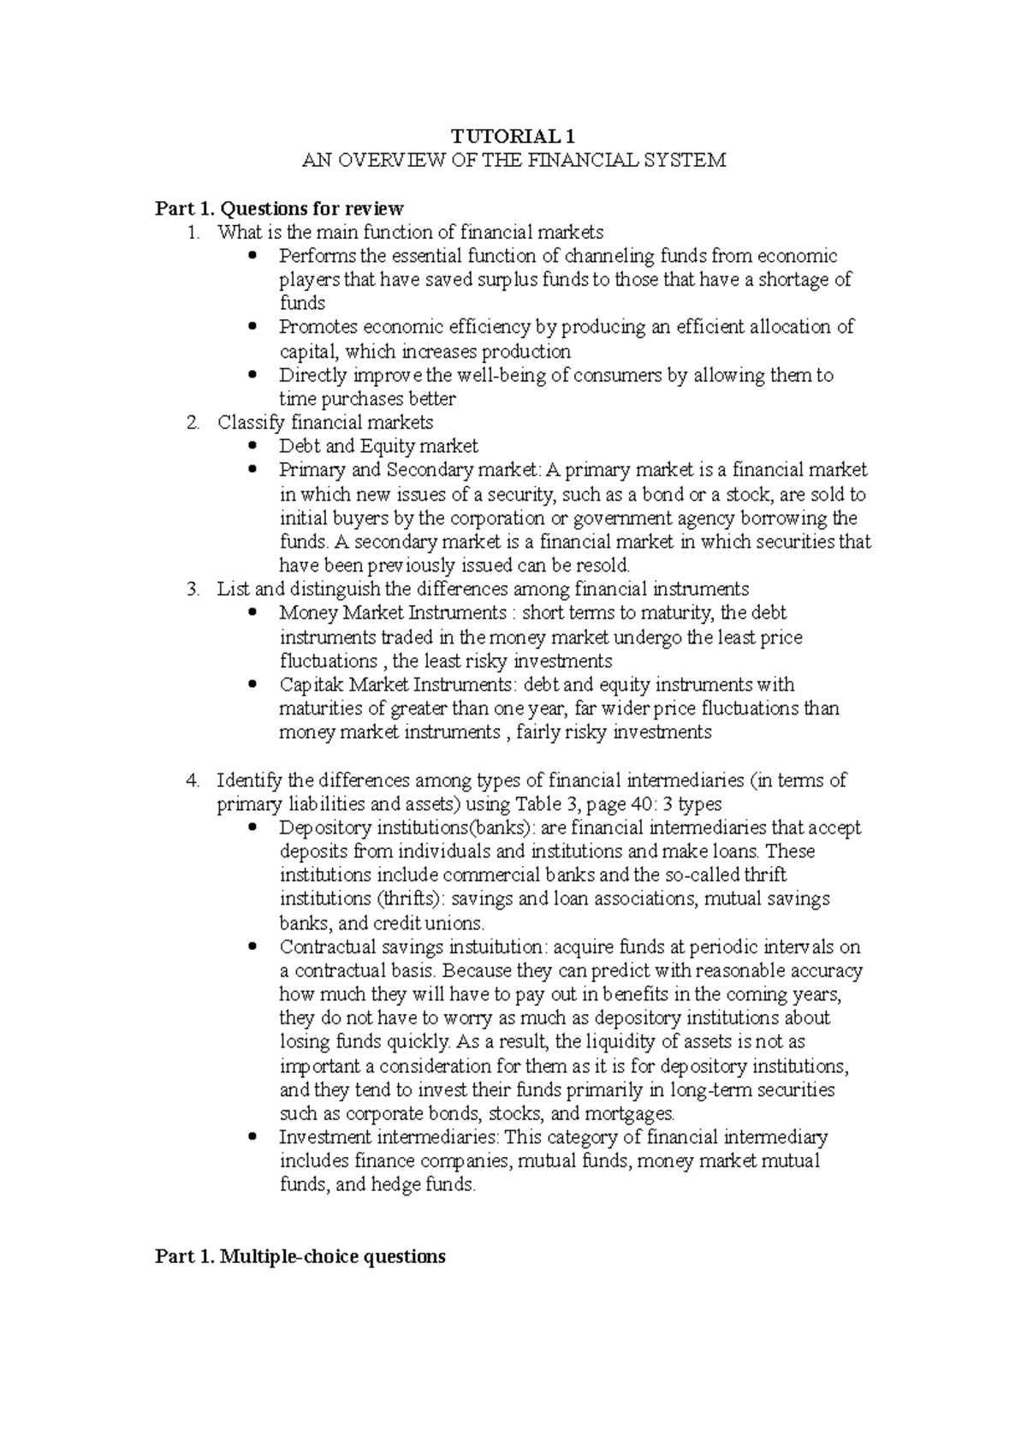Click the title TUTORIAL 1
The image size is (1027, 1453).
513,136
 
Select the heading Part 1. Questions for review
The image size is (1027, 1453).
278,208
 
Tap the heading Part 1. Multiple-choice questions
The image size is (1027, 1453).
300,1256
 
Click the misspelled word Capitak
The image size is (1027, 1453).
311,685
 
